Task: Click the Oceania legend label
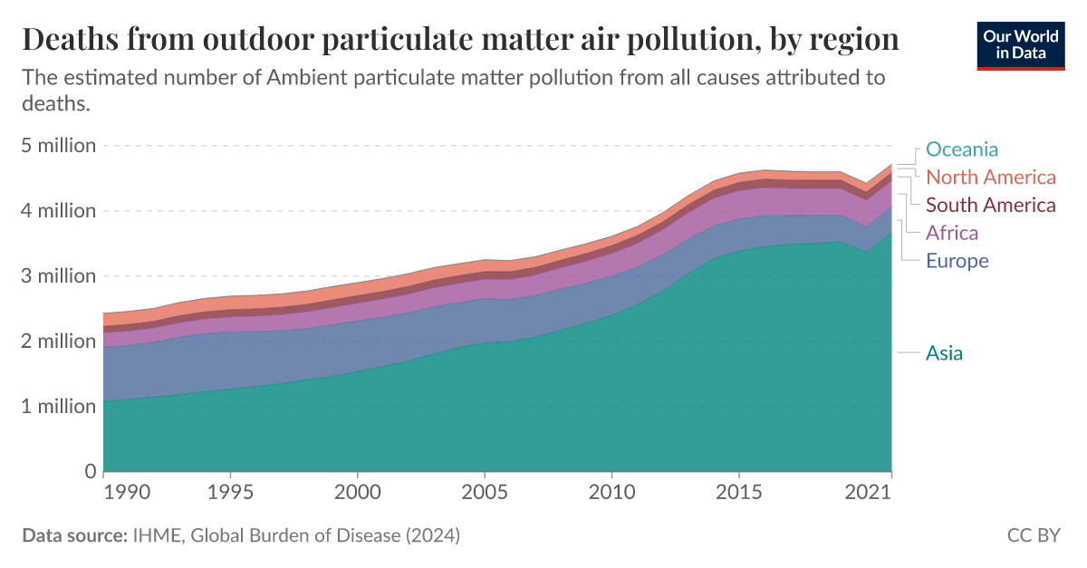(962, 149)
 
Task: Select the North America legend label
(991, 177)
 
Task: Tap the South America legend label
(991, 205)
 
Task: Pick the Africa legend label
(952, 233)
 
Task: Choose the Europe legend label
(957, 261)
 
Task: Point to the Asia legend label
(944, 353)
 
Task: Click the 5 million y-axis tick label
(59, 146)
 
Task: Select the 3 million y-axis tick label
(59, 276)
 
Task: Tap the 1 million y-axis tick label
(59, 407)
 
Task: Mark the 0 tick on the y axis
(90, 472)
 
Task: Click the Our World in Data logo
(1021, 45)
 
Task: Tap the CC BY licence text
(1034, 535)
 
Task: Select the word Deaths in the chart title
(71, 39)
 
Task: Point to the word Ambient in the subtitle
(303, 77)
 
